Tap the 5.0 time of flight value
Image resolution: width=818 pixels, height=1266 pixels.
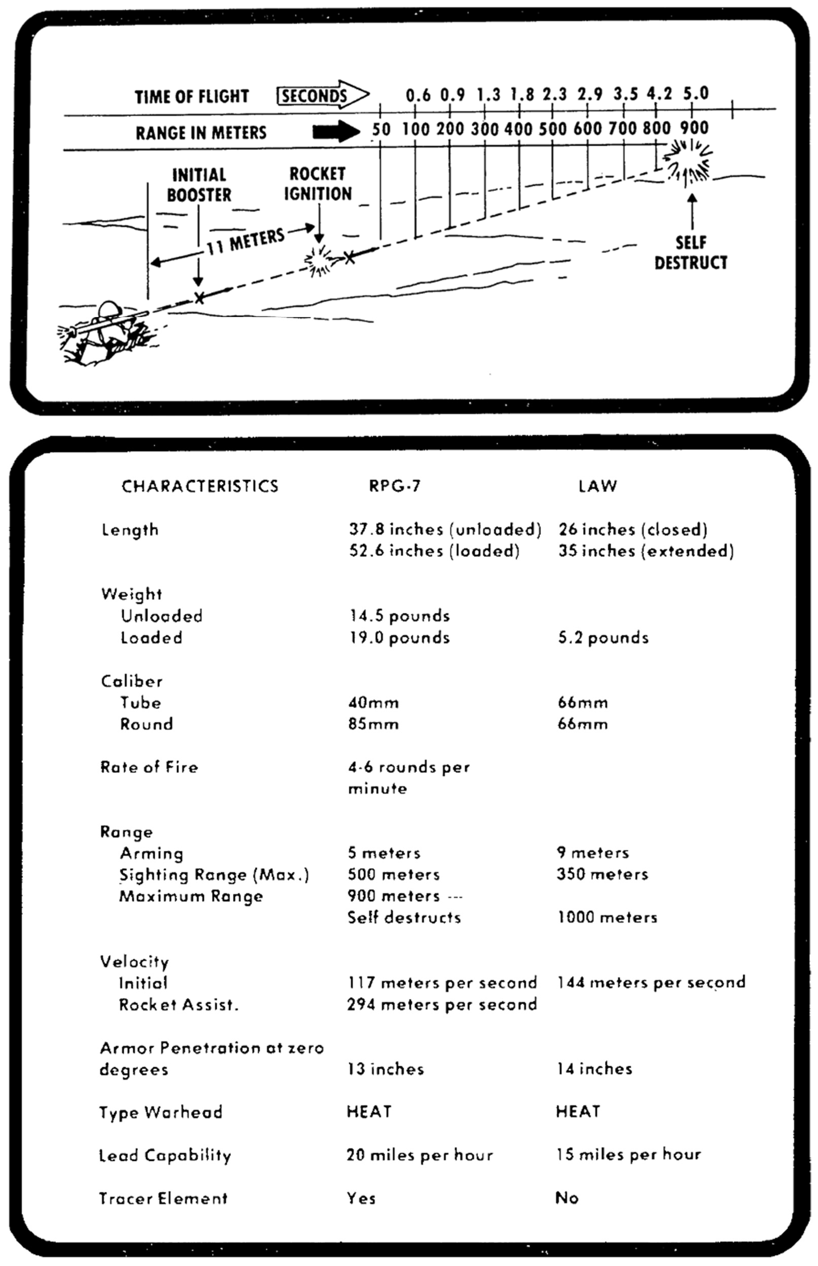(695, 94)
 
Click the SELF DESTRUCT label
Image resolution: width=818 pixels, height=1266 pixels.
(690, 253)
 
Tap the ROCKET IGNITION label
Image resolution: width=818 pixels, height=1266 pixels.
(318, 184)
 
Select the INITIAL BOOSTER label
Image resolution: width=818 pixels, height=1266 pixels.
(199, 185)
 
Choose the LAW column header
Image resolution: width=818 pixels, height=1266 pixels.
(597, 486)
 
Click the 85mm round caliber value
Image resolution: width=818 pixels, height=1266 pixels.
(373, 724)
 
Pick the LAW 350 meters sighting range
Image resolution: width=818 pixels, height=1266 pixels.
(602, 874)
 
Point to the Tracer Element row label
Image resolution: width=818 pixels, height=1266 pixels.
(163, 1198)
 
